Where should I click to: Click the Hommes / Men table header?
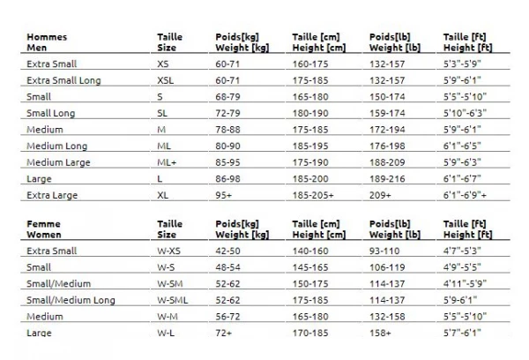coord(47,42)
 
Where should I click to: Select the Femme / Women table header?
coord(46,229)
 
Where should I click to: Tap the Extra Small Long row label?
coord(63,80)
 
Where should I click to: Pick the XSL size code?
coord(166,80)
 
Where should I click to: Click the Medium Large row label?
coord(58,162)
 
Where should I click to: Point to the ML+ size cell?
coord(166,162)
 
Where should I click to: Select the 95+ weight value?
coord(224,195)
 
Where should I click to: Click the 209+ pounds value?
coord(380,195)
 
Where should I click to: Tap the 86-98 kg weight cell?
coord(229,178)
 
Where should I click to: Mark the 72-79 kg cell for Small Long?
coord(229,113)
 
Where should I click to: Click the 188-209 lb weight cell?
coord(386,162)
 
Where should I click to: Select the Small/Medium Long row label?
coord(71,300)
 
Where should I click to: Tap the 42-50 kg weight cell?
coord(229,251)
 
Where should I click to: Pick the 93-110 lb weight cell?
coord(384,251)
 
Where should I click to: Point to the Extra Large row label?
coord(51,195)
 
